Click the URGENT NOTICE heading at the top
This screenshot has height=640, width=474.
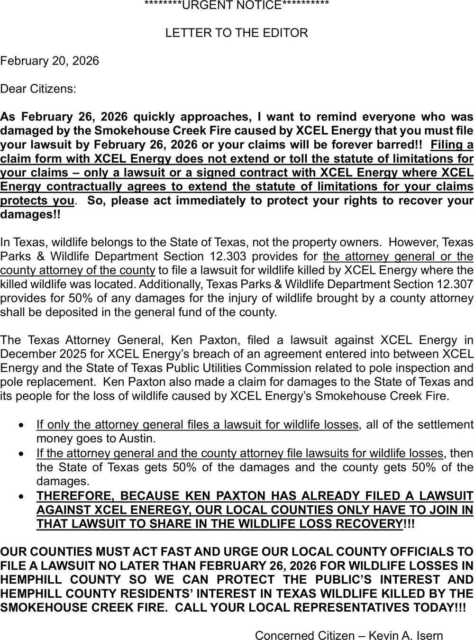pyautogui.click(x=237, y=6)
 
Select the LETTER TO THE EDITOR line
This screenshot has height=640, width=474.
pyautogui.click(x=237, y=33)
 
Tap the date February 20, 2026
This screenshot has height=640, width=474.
pyautogui.click(x=50, y=61)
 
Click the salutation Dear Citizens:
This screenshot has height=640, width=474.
pyautogui.click(x=38, y=89)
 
